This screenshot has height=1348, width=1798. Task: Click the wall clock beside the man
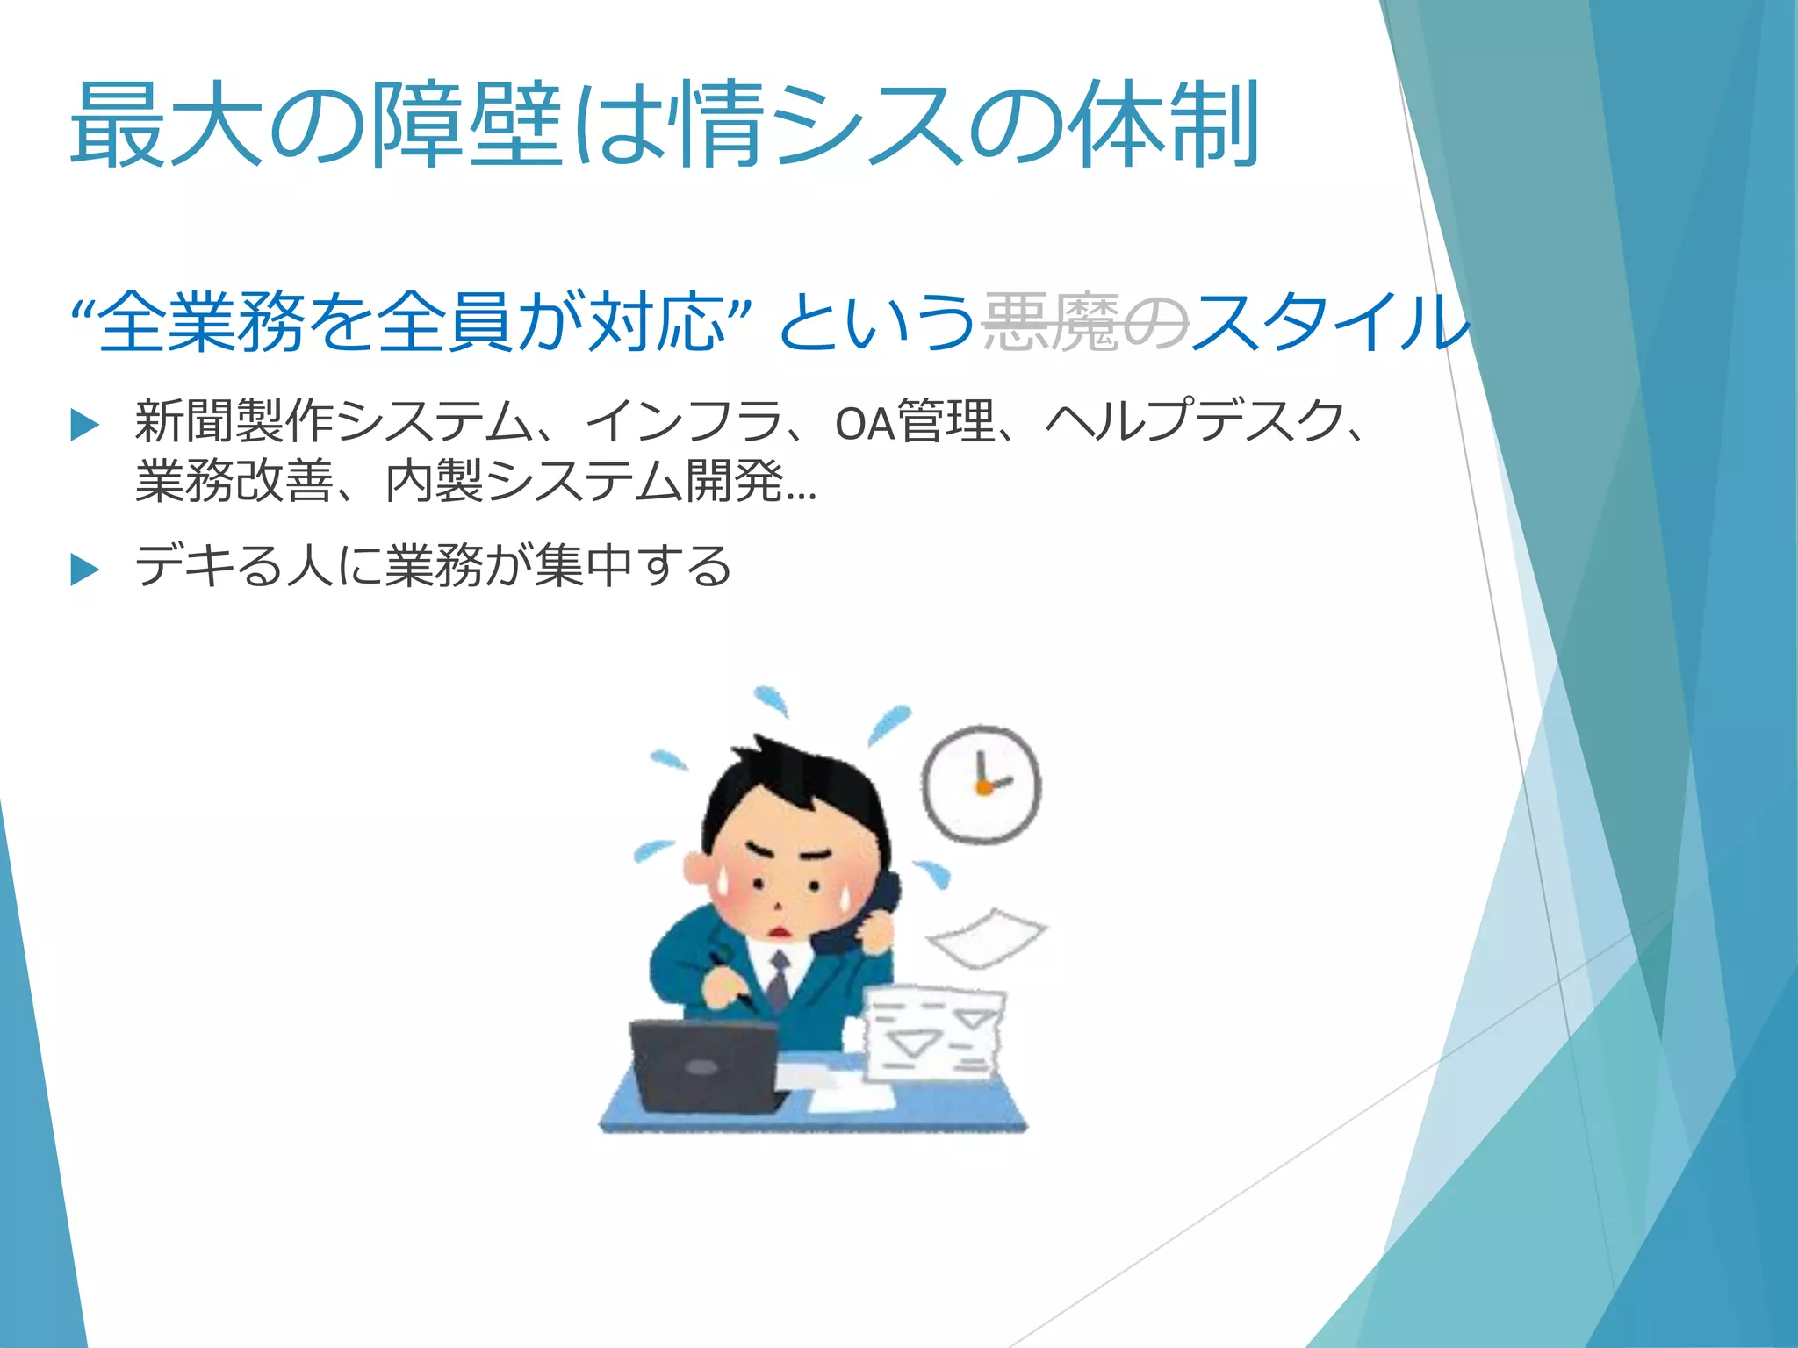tap(982, 784)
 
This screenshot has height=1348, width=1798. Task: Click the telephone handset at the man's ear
tap(865, 917)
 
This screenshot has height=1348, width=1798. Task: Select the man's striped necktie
tap(778, 980)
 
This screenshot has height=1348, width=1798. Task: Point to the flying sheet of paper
tap(987, 937)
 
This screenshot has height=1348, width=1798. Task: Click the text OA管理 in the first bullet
tap(914, 422)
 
